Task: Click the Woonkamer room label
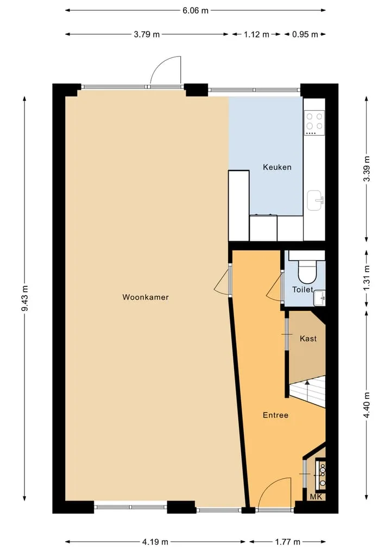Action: pyautogui.click(x=146, y=297)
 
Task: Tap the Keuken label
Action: pyautogui.click(x=277, y=167)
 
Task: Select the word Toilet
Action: pyautogui.click(x=302, y=289)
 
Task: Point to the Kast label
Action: pyautogui.click(x=308, y=339)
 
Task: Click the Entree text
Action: pyautogui.click(x=275, y=415)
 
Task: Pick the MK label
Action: pyautogui.click(x=316, y=497)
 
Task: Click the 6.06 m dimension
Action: pyautogui.click(x=195, y=10)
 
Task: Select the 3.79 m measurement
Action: pyautogui.click(x=147, y=35)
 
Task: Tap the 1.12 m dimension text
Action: pyautogui.click(x=256, y=35)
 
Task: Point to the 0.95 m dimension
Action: pyautogui.click(x=305, y=35)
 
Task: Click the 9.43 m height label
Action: pyautogui.click(x=25, y=299)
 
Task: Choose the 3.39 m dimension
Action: pyautogui.click(x=367, y=169)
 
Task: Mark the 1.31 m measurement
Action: pyautogui.click(x=367, y=278)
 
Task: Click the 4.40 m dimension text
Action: pyautogui.click(x=367, y=405)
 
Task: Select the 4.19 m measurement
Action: pyautogui.click(x=155, y=542)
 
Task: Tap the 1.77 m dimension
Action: pyautogui.click(x=287, y=542)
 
